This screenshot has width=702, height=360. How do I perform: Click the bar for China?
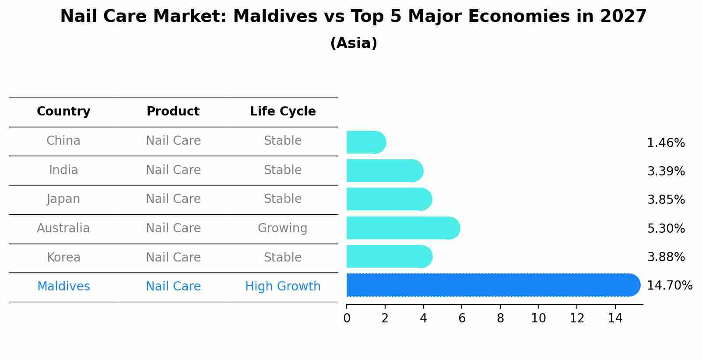(366, 142)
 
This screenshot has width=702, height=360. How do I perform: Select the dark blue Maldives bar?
(493, 285)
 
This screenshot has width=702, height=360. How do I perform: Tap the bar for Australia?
(403, 228)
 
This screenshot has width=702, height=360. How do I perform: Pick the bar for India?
(384, 171)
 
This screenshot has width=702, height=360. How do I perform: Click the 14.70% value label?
(669, 286)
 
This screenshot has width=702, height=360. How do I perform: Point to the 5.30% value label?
(666, 228)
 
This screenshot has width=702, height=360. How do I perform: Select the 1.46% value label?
(666, 143)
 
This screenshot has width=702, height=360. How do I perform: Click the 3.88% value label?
(666, 257)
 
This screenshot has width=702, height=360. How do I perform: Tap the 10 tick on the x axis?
(538, 318)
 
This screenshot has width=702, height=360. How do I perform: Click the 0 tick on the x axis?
(347, 318)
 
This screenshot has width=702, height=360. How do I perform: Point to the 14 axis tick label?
(615, 318)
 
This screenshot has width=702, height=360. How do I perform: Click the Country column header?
(63, 112)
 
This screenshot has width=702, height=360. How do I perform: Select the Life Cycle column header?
(283, 112)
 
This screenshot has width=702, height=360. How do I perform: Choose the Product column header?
(173, 112)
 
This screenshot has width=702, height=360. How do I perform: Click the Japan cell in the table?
(63, 199)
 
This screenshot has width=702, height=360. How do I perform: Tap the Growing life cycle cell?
(282, 228)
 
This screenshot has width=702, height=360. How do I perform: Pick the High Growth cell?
(283, 287)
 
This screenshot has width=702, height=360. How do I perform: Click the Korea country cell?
(63, 257)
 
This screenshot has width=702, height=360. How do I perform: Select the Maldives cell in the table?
(63, 287)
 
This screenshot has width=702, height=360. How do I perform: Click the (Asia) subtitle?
(354, 43)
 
